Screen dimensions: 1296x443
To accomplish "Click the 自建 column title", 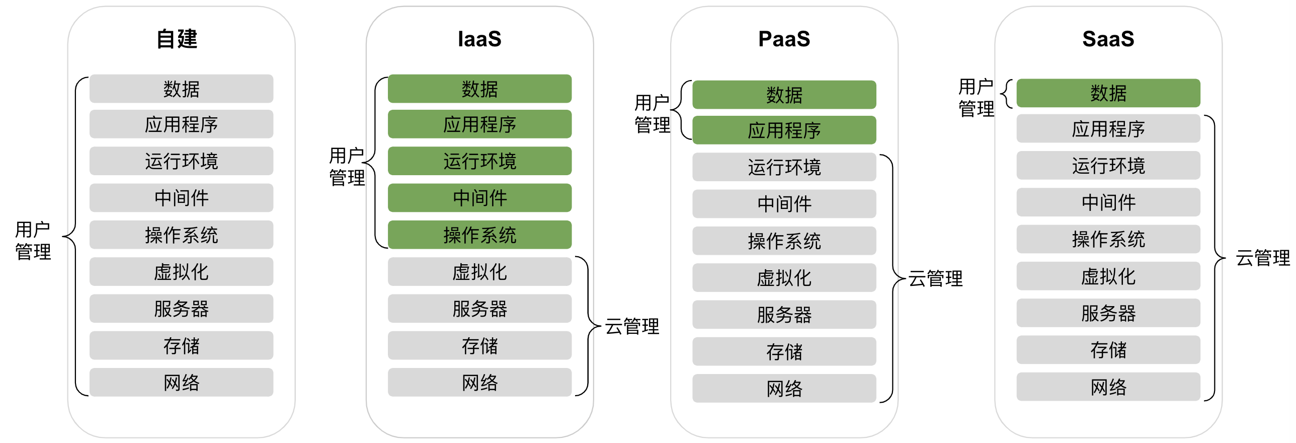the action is (177, 39).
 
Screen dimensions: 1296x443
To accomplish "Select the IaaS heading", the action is (479, 39).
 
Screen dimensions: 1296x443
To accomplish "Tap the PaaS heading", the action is (784, 39).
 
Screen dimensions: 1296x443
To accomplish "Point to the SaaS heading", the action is (1108, 39).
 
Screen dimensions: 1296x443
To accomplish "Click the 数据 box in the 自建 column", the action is (181, 89).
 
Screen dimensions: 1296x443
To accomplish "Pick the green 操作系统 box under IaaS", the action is (479, 235).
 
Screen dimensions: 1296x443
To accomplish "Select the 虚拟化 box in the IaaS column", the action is (479, 272).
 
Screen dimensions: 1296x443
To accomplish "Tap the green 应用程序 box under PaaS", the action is (784, 130).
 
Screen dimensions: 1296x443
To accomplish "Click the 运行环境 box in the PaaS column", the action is (784, 167).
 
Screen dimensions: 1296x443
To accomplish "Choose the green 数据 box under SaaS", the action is (1108, 93).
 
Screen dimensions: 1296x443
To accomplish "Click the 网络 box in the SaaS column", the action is (1108, 387).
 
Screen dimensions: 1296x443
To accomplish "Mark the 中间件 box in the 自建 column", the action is (181, 198).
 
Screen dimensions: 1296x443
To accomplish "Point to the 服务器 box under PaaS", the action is (784, 315).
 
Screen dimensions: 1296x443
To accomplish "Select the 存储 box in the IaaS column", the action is (479, 345).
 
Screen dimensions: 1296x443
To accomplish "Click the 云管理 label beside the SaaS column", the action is (1263, 258).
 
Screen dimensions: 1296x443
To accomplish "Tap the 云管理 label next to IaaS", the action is (632, 326).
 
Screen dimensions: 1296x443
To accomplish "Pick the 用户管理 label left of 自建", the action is (33, 241).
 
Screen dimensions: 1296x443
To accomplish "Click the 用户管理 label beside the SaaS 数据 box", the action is (977, 98).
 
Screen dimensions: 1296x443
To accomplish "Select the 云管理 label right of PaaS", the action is (935, 278).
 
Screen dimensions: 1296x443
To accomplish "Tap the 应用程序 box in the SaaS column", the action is (1108, 129).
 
